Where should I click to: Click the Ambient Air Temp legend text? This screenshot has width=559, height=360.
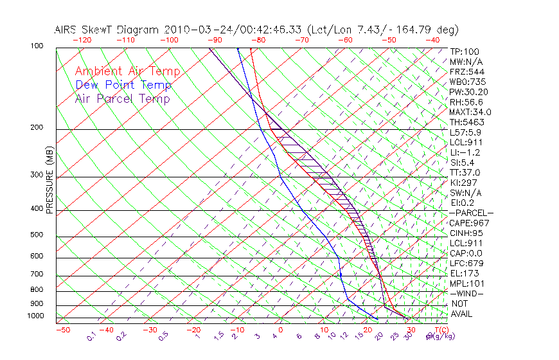point(127,71)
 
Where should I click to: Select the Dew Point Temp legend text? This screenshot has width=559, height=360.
point(123,85)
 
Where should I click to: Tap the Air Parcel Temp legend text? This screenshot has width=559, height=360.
point(122,98)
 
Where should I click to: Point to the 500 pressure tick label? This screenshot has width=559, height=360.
point(36,235)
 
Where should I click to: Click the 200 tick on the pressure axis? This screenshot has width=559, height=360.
point(36,128)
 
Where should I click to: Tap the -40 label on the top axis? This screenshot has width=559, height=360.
point(432,40)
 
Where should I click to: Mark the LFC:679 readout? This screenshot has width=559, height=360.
point(466,264)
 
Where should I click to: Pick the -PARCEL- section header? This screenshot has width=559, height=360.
point(472,213)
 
